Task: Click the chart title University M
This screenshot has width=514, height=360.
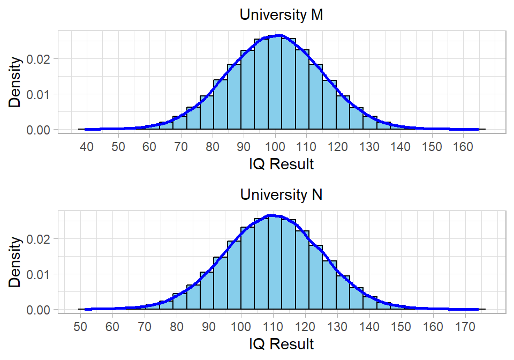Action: pyautogui.click(x=281, y=15)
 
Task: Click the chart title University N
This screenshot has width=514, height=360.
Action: pyautogui.click(x=281, y=194)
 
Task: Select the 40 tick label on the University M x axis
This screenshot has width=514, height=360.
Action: pyautogui.click(x=87, y=146)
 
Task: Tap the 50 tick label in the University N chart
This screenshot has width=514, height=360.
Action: pyautogui.click(x=80, y=326)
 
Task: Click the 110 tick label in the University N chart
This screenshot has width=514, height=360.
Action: pyautogui.click(x=273, y=326)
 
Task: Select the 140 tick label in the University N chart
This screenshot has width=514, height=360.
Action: pyautogui.click(x=369, y=326)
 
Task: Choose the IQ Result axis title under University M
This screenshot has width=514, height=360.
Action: pyautogui.click(x=281, y=164)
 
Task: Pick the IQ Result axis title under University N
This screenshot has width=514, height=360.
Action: pyautogui.click(x=281, y=343)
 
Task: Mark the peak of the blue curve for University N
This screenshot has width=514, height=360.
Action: pyautogui.click(x=272, y=215)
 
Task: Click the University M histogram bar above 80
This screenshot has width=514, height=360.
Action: pyautogui.click(x=220, y=104)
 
